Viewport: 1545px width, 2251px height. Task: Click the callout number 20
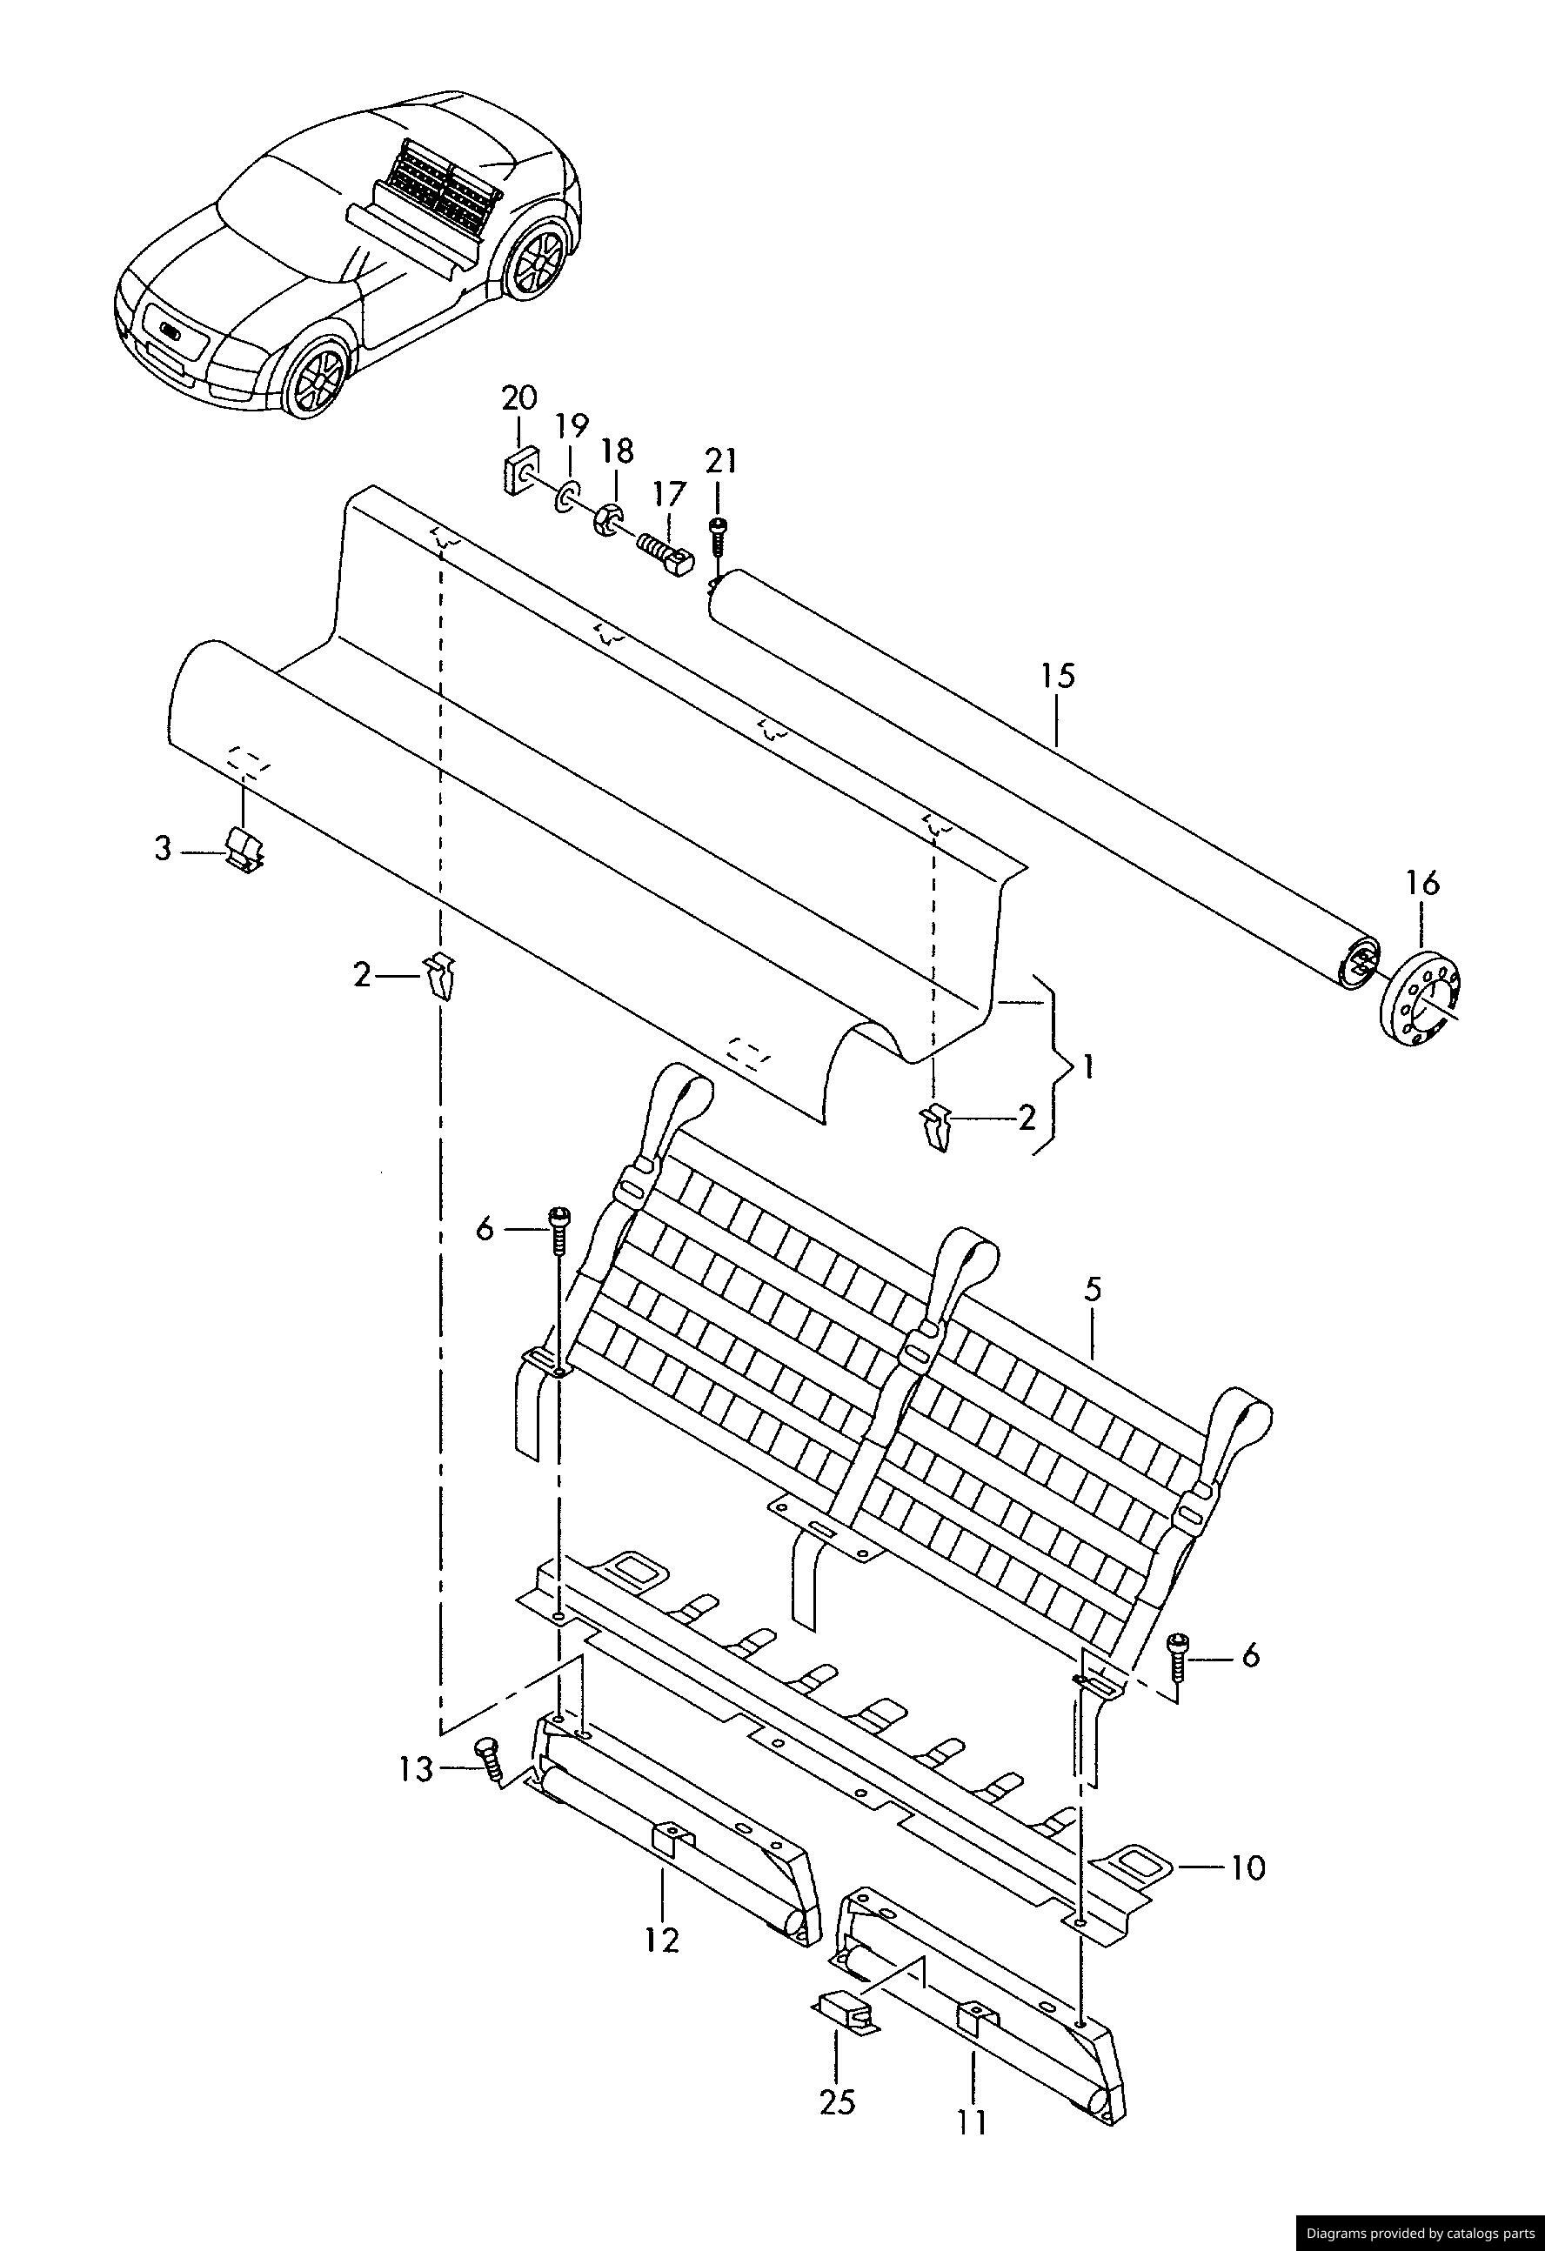pos(518,398)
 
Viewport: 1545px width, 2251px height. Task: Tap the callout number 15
pos(1059,675)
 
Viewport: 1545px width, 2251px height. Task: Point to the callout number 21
pos(720,461)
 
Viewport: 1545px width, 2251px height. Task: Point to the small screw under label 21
pos(718,536)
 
